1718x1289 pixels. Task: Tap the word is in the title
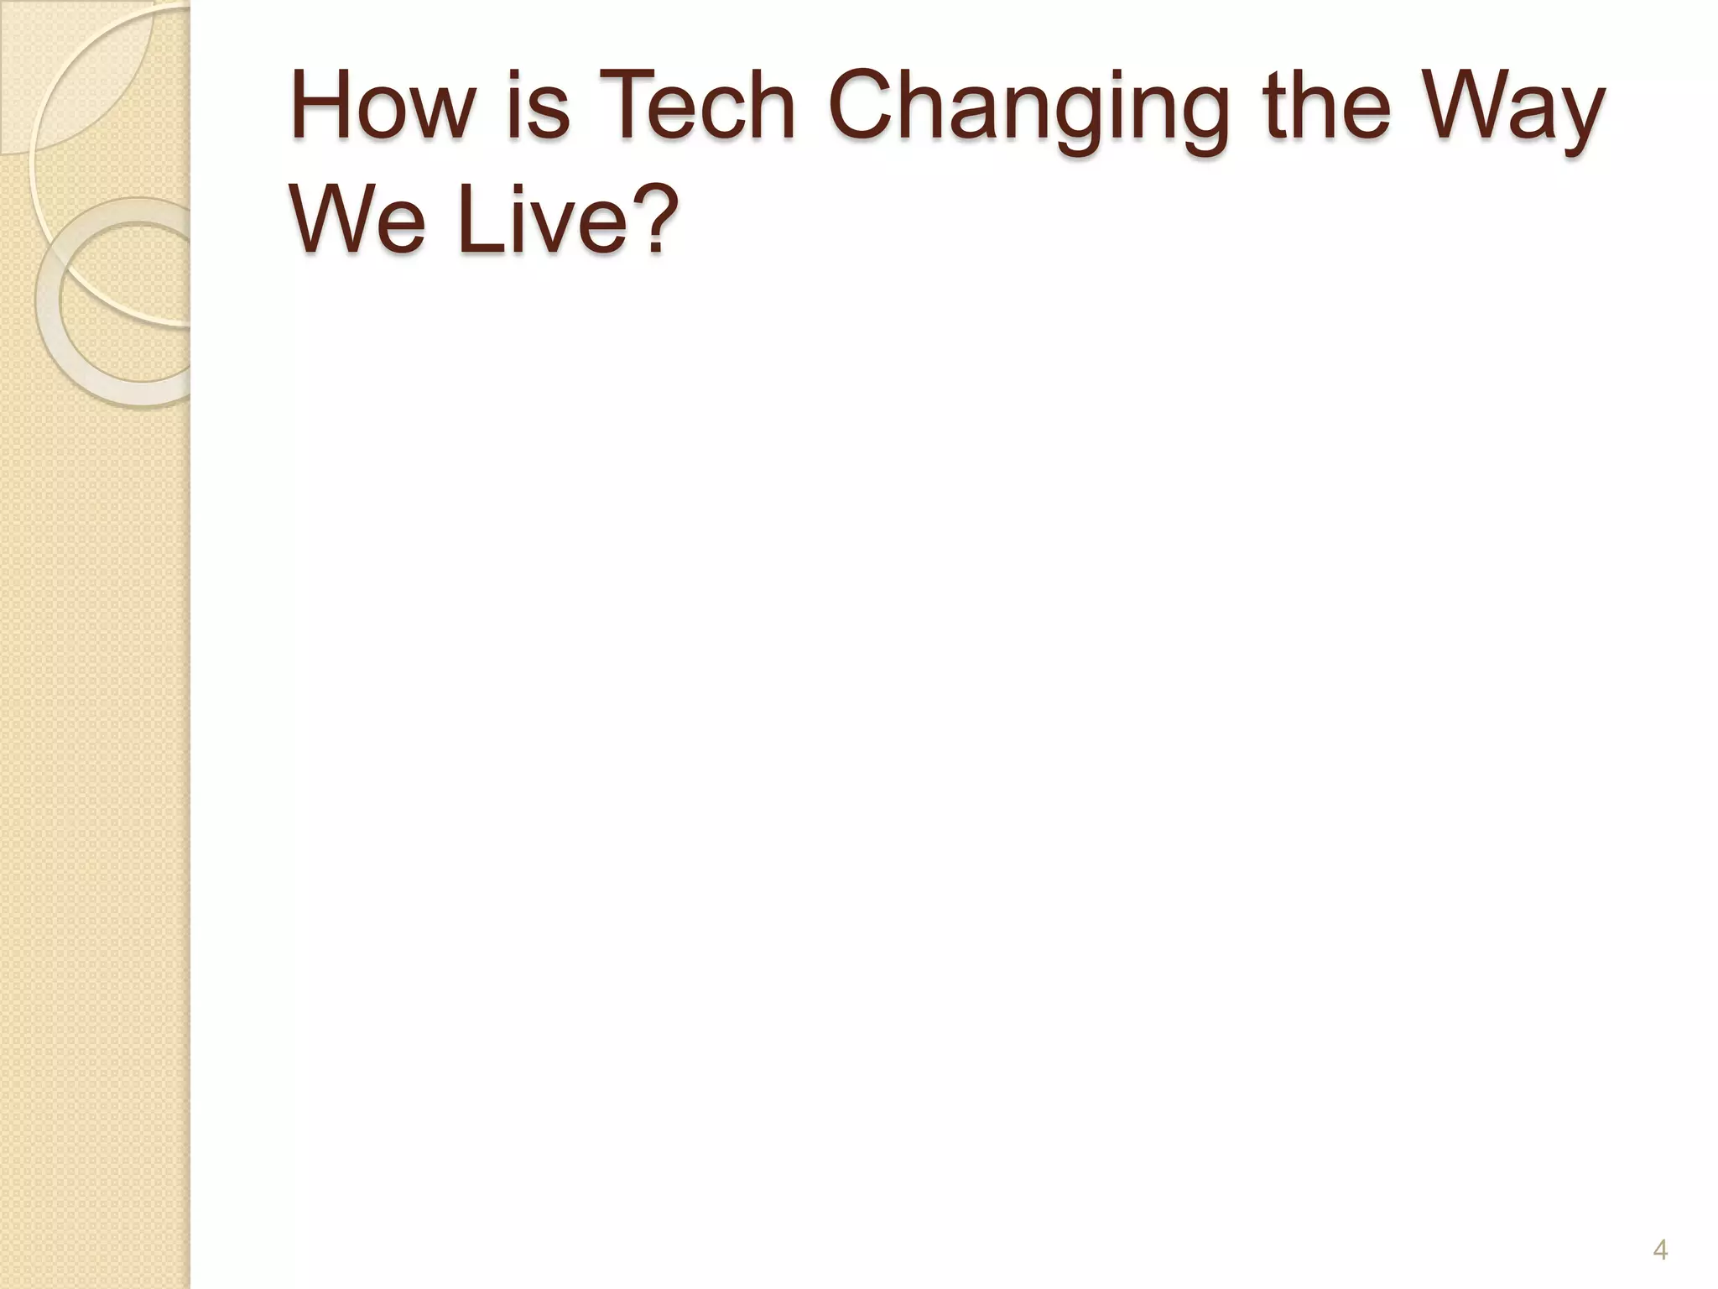[537, 107]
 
